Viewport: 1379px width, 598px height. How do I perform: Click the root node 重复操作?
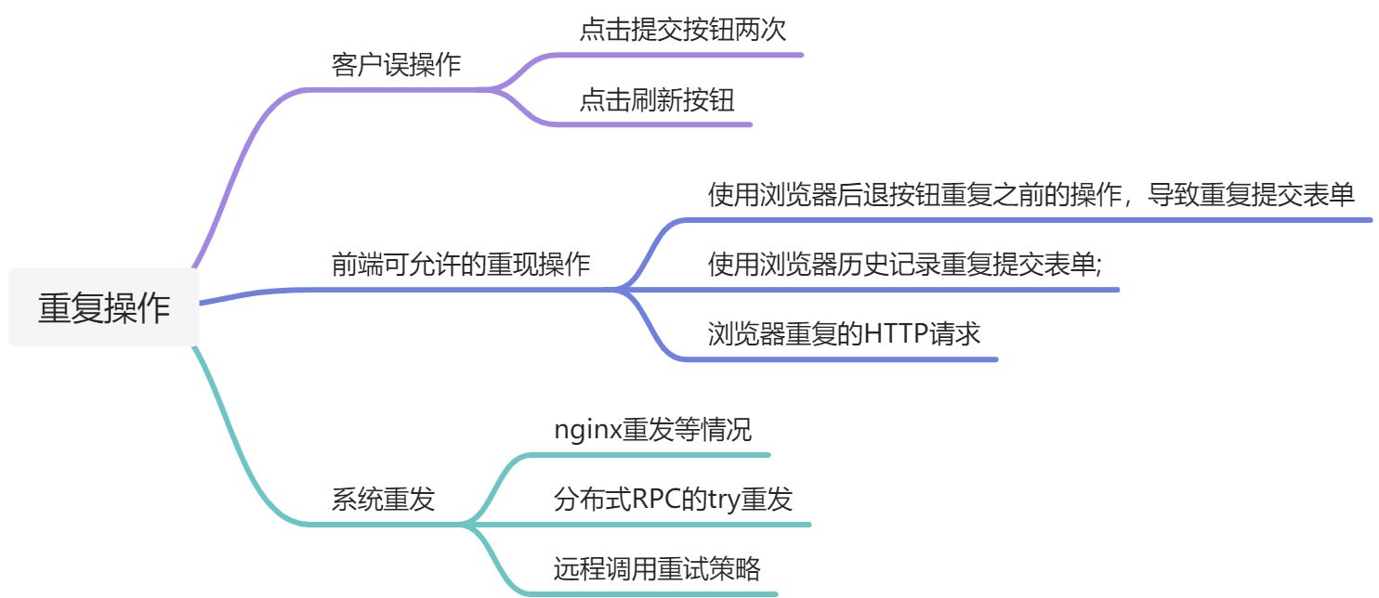[104, 307]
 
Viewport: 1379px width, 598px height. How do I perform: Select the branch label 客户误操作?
[397, 66]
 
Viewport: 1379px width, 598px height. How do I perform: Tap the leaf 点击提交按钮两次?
[682, 30]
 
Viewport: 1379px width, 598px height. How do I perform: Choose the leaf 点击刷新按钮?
[657, 99]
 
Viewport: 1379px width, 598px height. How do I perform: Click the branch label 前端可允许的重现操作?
[461, 265]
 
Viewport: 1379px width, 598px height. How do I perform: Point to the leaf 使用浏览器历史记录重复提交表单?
[904, 265]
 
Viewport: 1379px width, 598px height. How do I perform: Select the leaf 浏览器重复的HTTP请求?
[844, 333]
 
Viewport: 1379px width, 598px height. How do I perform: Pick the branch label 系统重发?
[383, 500]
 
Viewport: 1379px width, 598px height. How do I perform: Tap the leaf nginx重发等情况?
[652, 431]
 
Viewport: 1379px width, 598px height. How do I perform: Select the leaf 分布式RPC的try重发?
[673, 500]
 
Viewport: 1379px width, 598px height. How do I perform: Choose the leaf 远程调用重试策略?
[656, 569]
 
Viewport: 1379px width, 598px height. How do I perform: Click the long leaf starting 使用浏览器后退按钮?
[1031, 195]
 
